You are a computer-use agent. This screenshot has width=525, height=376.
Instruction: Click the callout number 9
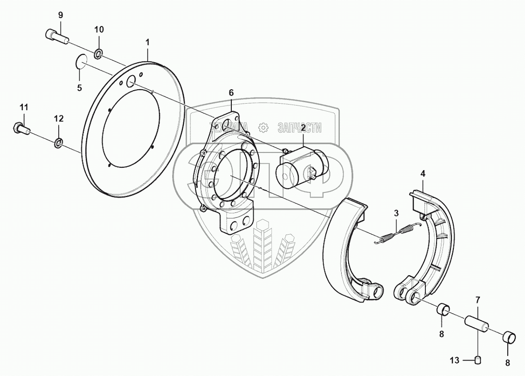click(60, 15)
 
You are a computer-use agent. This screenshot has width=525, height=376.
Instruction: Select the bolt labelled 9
click(55, 35)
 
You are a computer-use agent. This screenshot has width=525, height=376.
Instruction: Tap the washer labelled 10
click(99, 53)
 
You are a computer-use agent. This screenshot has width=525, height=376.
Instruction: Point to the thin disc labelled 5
click(81, 62)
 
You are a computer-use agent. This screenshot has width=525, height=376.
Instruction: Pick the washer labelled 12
click(59, 142)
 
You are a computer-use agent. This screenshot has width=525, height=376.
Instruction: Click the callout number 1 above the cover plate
click(148, 42)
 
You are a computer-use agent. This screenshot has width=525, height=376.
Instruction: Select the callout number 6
click(231, 92)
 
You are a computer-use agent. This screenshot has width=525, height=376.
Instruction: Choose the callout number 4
click(423, 174)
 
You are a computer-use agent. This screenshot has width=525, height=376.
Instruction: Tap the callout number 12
click(58, 119)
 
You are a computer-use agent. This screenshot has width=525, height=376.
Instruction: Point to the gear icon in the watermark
click(263, 127)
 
